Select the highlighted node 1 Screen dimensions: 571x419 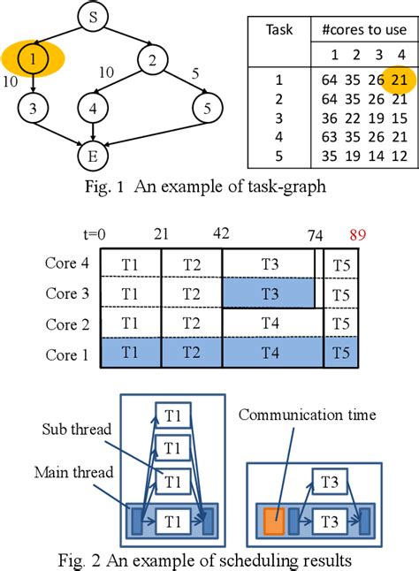(31, 61)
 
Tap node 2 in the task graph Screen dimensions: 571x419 (153, 61)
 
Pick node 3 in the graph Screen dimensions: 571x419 (31, 111)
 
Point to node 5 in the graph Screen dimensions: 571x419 (207, 111)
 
